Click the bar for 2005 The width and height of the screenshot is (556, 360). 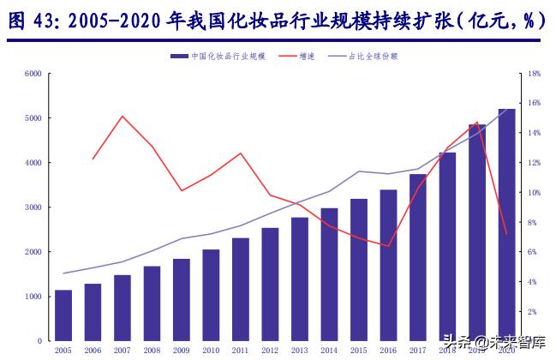tap(63, 315)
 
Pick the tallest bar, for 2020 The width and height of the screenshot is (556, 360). tap(506, 225)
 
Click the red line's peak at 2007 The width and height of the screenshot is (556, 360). tap(123, 116)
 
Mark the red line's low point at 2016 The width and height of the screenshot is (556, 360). tap(388, 246)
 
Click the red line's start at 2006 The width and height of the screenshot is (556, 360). tap(93, 159)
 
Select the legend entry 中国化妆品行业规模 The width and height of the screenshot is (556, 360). tap(218, 56)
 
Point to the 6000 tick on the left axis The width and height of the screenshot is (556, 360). tap(33, 74)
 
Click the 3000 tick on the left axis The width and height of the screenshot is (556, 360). tap(33, 207)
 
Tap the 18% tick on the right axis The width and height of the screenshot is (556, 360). tap(534, 74)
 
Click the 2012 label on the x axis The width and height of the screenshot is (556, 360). tap(270, 350)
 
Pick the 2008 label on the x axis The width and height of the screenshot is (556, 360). tap(152, 350)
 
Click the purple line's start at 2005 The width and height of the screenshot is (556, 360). tap(63, 273)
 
